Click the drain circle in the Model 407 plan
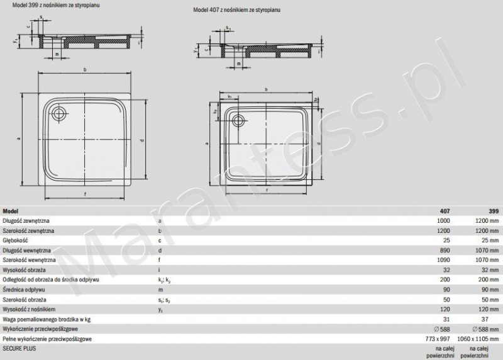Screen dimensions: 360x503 click(x=240, y=120)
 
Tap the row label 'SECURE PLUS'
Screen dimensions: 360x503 click(x=19, y=347)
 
